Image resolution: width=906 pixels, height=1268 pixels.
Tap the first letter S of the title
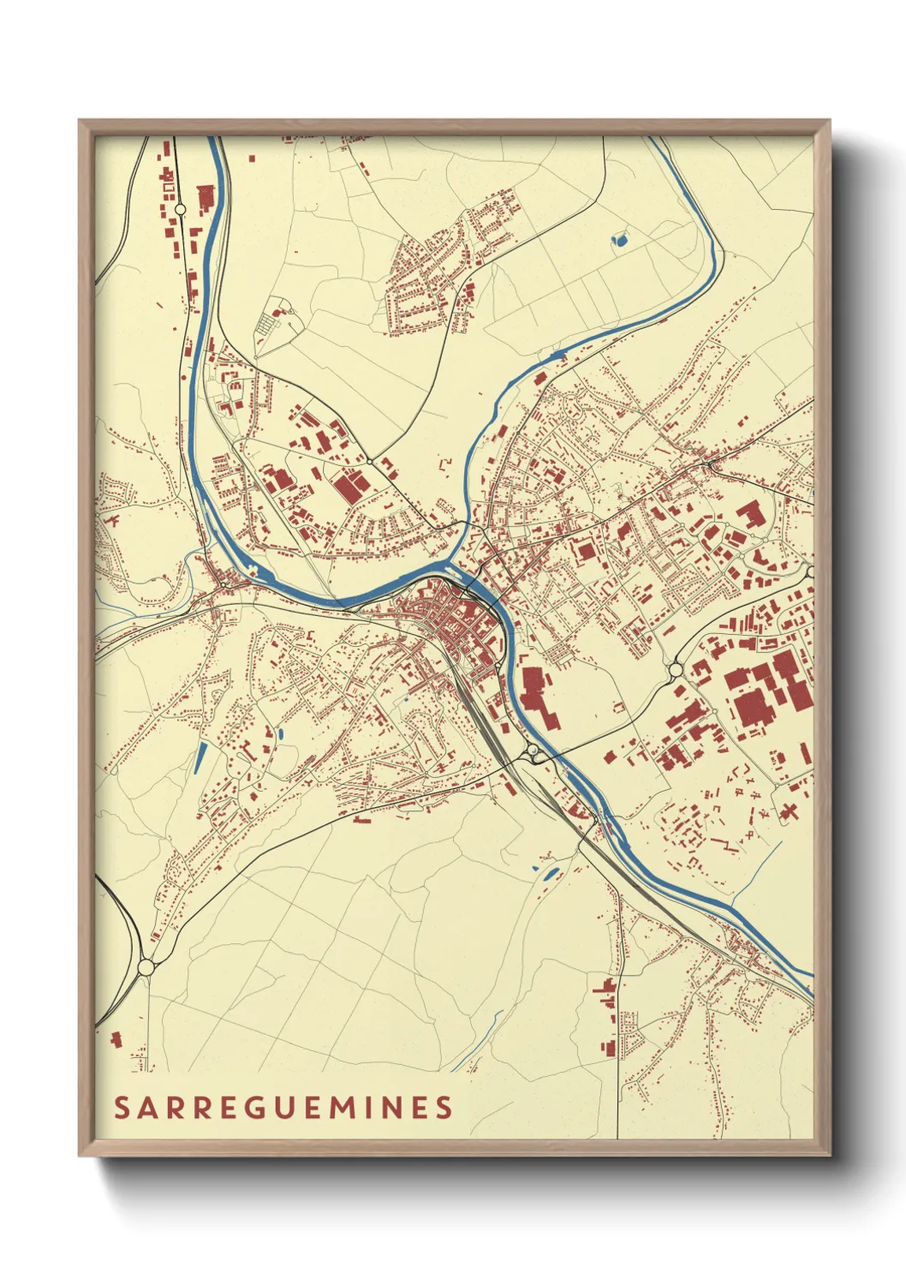[122, 1108]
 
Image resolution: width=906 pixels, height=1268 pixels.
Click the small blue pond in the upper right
[619, 239]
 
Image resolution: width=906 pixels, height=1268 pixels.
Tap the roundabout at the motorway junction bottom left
[146, 966]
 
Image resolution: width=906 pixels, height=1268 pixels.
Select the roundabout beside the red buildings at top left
[180, 208]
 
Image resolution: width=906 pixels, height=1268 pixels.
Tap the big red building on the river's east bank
[533, 696]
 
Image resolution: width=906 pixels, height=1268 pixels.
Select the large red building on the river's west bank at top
[205, 198]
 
